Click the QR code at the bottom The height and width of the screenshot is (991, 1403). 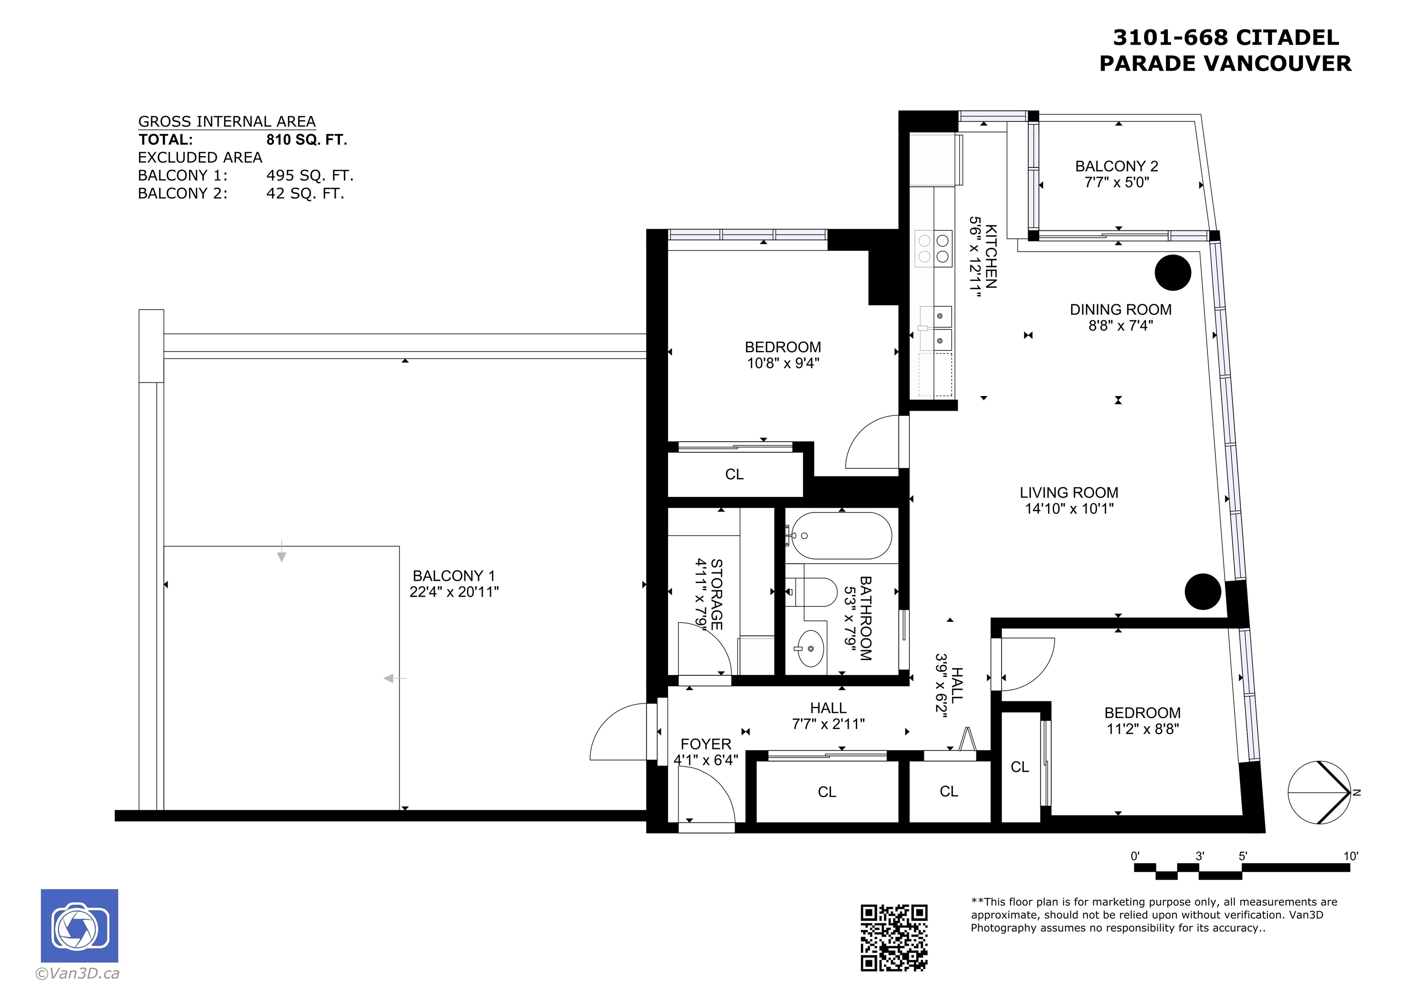click(x=894, y=937)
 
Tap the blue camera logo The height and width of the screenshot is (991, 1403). click(x=79, y=926)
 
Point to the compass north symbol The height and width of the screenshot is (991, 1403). click(x=1320, y=793)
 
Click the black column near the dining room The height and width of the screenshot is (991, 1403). click(x=1173, y=272)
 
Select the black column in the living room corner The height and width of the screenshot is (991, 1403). click(x=1203, y=592)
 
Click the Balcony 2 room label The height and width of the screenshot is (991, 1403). click(x=1116, y=166)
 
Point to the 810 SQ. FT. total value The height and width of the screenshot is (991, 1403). click(x=307, y=140)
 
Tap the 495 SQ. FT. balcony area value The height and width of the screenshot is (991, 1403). click(x=310, y=176)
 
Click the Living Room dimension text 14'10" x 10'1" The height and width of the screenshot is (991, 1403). click(x=1069, y=509)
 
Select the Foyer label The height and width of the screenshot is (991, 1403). click(x=706, y=744)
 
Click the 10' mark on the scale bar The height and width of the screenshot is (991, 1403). click(x=1350, y=856)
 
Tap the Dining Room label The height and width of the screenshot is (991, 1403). click(x=1121, y=309)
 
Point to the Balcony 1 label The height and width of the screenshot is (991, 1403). click(x=454, y=576)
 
